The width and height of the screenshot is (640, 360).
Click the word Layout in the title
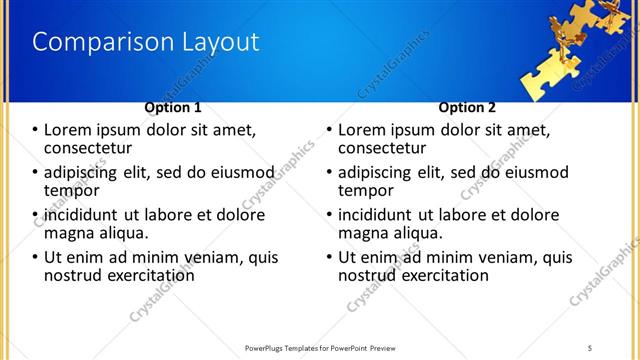(217, 42)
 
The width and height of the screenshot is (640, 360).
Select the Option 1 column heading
(173, 107)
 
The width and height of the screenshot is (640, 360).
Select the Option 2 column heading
(467, 107)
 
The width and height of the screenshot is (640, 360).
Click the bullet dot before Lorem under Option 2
(329, 130)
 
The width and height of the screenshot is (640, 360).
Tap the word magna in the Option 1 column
(70, 233)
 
